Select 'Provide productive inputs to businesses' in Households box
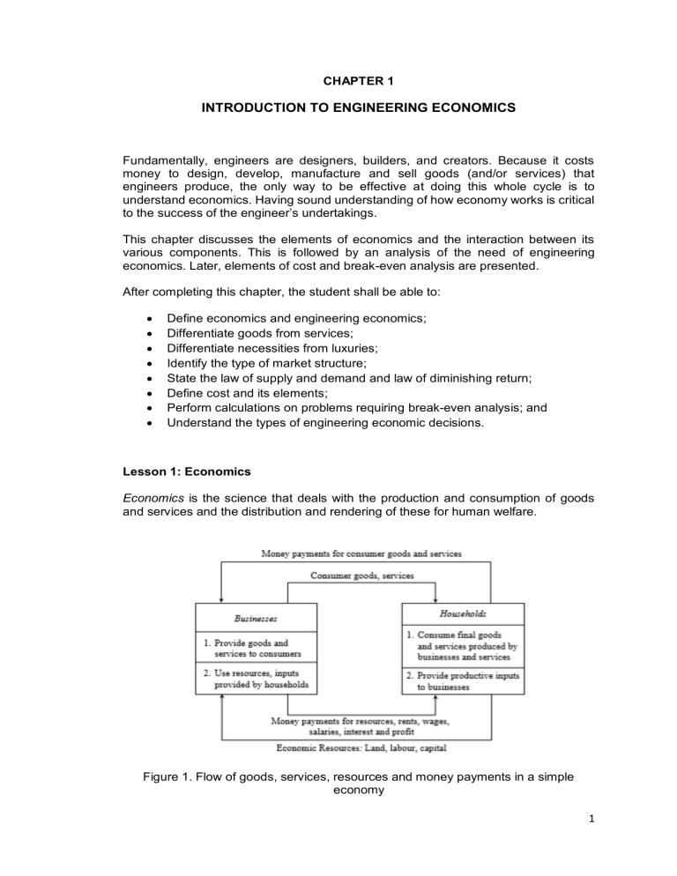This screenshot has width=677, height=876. point(464,681)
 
